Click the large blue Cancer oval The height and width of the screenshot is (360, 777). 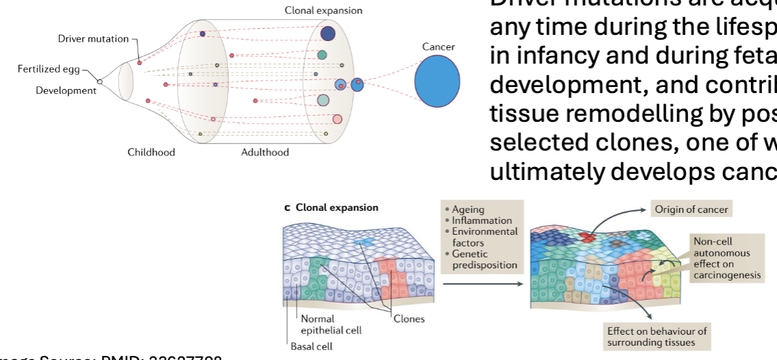[x=436, y=81]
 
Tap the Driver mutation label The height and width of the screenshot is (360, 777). [x=93, y=39]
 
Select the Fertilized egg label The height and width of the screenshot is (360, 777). [x=49, y=69]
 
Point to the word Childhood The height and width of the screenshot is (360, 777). [x=151, y=152]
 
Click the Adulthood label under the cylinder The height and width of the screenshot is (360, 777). [x=265, y=152]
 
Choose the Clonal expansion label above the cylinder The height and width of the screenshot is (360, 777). [x=324, y=10]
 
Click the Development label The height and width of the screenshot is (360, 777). [x=66, y=90]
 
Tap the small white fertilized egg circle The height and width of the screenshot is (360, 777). [x=100, y=81]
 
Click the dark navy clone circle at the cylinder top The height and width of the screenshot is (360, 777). [x=328, y=33]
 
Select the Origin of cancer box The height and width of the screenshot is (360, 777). [x=692, y=209]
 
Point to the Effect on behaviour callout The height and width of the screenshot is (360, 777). [x=657, y=336]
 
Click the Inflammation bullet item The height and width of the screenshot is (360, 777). [x=482, y=220]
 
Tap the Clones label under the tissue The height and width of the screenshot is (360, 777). [x=408, y=318]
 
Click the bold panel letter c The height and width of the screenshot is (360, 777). [x=287, y=207]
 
